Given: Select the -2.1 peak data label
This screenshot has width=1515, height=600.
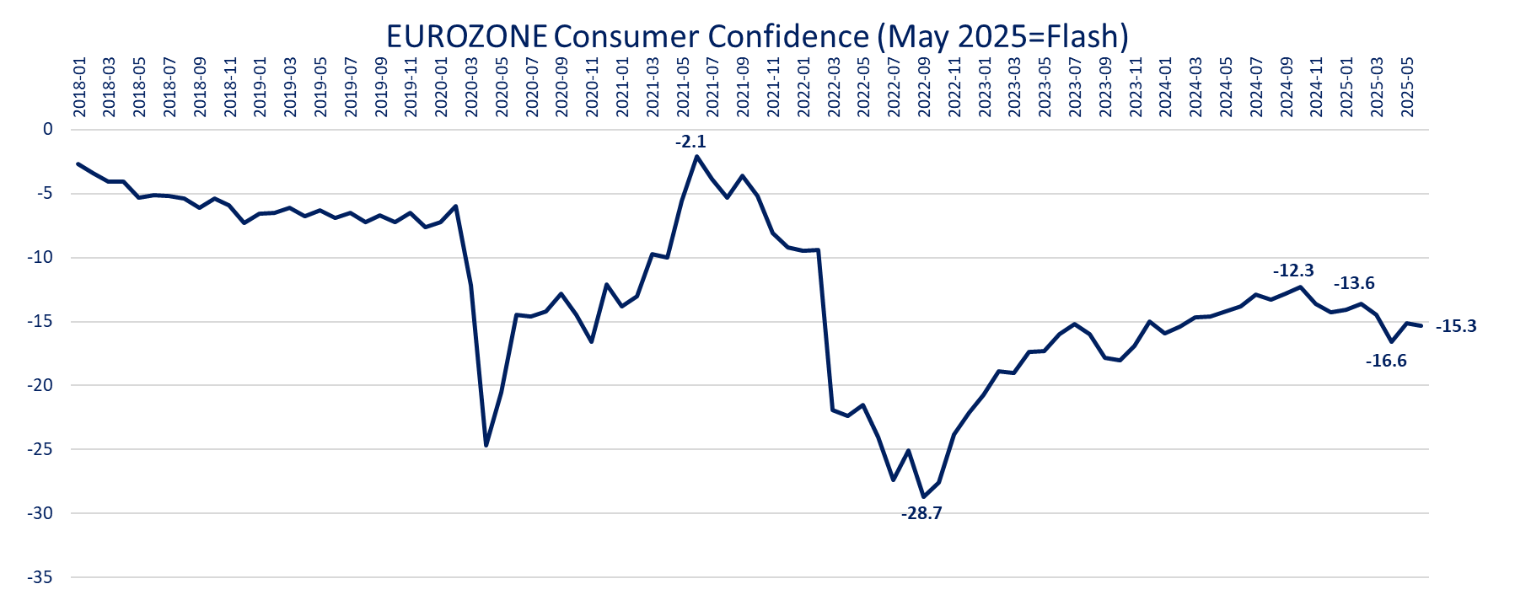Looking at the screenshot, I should click(690, 142).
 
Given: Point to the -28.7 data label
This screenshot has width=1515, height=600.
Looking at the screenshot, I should click(921, 513).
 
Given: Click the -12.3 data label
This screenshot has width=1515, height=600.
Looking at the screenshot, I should click(1293, 271).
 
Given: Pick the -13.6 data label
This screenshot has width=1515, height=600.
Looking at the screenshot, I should click(1354, 283).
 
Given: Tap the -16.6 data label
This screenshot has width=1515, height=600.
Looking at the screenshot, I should click(1386, 361).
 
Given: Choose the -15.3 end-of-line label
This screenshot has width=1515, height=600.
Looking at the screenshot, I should click(1456, 326).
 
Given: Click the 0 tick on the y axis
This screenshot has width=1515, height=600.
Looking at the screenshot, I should click(48, 129).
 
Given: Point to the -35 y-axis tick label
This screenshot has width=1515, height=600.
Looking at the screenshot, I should click(40, 577).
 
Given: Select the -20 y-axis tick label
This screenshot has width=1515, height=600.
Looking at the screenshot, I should click(40, 385).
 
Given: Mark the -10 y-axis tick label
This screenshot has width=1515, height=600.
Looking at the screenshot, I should click(40, 257).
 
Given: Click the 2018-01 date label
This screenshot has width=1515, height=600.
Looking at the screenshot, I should click(79, 88).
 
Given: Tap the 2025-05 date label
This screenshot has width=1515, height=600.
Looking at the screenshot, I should click(1407, 88).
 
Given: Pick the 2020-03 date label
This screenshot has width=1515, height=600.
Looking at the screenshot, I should click(471, 88).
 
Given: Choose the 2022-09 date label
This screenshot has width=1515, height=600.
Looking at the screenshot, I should click(924, 88).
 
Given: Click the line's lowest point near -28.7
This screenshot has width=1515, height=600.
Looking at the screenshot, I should click(923, 496).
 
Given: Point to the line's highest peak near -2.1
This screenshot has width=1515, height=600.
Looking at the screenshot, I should click(697, 156).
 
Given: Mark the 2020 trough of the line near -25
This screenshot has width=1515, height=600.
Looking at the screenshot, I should click(486, 445).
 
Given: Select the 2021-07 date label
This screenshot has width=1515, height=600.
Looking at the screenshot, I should click(713, 88).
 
